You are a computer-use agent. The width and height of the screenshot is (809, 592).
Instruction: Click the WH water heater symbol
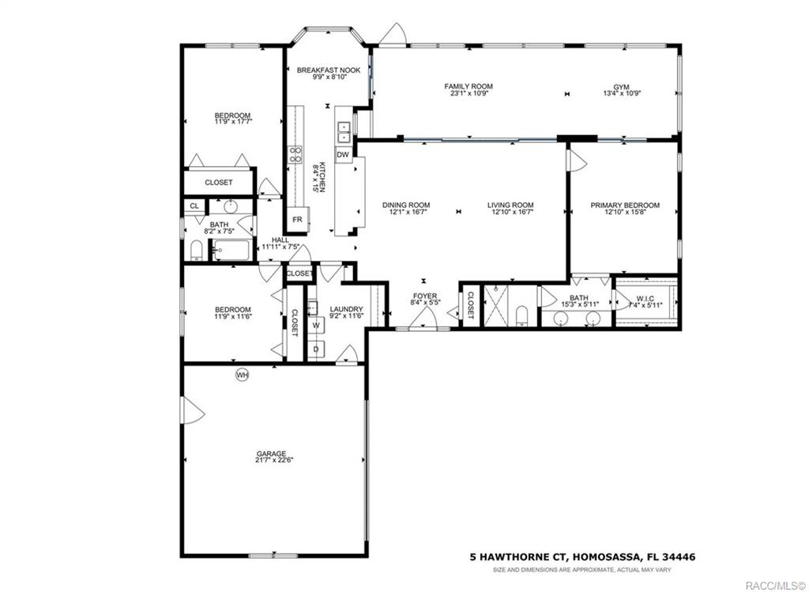pyautogui.click(x=242, y=375)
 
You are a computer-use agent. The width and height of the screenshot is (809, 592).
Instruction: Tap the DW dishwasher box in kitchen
pyautogui.click(x=343, y=155)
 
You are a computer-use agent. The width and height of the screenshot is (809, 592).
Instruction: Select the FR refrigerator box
pyautogui.click(x=298, y=219)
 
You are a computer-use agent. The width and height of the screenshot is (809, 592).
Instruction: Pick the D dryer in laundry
pyautogui.click(x=316, y=349)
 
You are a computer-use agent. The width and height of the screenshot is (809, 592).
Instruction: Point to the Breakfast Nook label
pyautogui.click(x=329, y=70)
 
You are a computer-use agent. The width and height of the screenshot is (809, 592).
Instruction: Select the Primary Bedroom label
pyautogui.click(x=625, y=206)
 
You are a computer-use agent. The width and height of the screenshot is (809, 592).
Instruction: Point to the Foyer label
pyautogui.click(x=424, y=296)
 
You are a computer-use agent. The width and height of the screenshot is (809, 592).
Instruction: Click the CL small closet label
pyautogui.click(x=194, y=206)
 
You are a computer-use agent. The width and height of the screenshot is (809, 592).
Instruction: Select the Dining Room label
pyautogui.click(x=406, y=206)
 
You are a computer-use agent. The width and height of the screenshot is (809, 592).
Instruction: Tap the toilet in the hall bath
pyautogui.click(x=196, y=251)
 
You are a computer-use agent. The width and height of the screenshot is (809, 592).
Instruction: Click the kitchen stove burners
pyautogui.click(x=295, y=154)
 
